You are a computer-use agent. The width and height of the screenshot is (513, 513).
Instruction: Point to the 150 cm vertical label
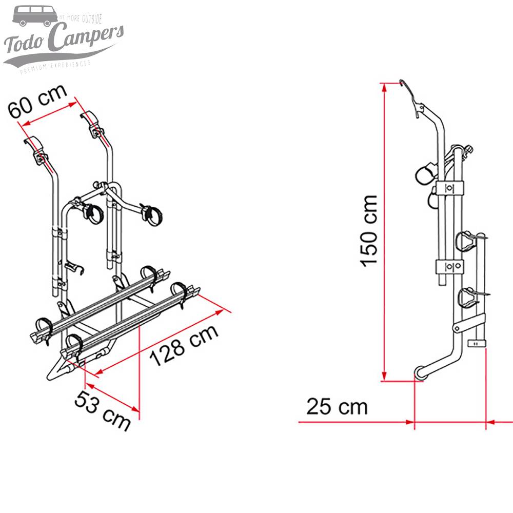point(369,230)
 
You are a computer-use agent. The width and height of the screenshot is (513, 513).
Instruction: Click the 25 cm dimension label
point(337,407)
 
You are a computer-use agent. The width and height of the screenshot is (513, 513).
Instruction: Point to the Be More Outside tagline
point(81,18)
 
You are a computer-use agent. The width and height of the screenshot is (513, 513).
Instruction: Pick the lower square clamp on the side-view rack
point(449,266)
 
